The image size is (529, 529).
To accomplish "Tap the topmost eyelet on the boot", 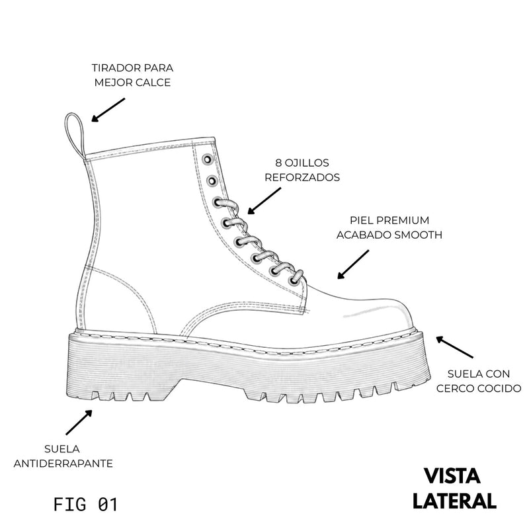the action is [207, 159].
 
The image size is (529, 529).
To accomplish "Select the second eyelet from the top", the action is [212, 181].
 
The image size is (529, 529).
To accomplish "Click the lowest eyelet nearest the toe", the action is [294, 280].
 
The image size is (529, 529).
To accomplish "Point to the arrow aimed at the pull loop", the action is [108, 110].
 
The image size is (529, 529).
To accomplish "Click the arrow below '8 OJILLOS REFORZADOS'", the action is [264, 201].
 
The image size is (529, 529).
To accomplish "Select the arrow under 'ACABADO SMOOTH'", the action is [353, 264].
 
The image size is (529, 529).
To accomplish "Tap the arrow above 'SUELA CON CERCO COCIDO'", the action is [454, 346].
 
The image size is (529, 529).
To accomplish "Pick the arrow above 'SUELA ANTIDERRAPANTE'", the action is [79, 422].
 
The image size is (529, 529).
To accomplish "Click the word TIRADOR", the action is [116, 68].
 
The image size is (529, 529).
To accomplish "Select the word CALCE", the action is [153, 82].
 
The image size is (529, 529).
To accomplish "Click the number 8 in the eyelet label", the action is [278, 163].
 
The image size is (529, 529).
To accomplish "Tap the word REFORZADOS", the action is [302, 177].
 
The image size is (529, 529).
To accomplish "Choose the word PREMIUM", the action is [403, 220].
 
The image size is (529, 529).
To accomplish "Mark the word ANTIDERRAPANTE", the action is [63, 464].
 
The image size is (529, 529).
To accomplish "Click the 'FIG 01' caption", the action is [85, 505].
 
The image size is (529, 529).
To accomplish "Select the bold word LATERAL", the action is [454, 501].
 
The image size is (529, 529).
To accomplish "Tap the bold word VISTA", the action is [452, 475].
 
